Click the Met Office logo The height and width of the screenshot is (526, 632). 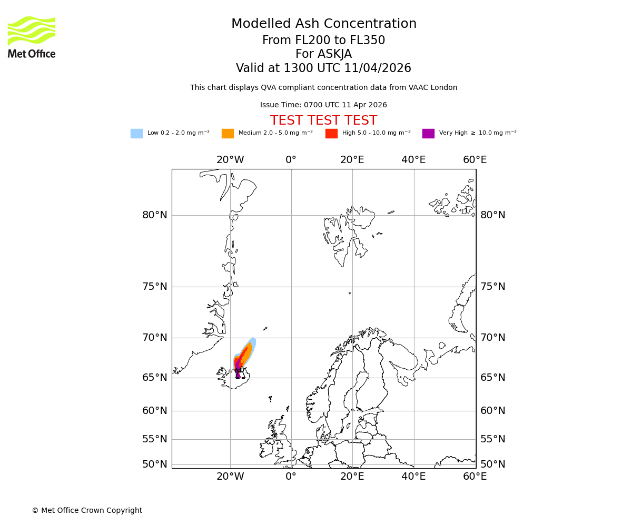click(x=32, y=37)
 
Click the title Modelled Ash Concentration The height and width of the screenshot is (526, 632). click(x=324, y=24)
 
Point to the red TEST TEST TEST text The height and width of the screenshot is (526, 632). click(x=323, y=121)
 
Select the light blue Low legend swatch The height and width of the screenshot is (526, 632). click(x=136, y=134)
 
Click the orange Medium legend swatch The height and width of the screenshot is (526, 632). click(x=228, y=134)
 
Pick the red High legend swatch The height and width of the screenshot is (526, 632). click(x=331, y=134)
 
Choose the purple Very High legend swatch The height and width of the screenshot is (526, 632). click(x=428, y=134)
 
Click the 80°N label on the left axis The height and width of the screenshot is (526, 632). click(x=155, y=215)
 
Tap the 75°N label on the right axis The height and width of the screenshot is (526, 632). click(x=492, y=287)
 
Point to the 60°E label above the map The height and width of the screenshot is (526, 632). click(x=475, y=160)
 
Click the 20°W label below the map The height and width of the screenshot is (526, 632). click(x=230, y=477)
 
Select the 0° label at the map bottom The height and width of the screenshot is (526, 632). click(x=291, y=477)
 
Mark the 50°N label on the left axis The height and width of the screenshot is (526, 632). click(x=155, y=464)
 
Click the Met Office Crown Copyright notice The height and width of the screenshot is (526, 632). click(x=87, y=511)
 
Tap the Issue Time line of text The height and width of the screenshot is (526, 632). click(x=323, y=105)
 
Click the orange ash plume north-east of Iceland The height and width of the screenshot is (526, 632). click(x=246, y=353)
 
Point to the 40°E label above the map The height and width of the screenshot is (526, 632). click(x=413, y=160)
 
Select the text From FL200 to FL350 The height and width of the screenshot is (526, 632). click(x=323, y=41)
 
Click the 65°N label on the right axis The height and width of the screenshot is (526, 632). click(x=492, y=378)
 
